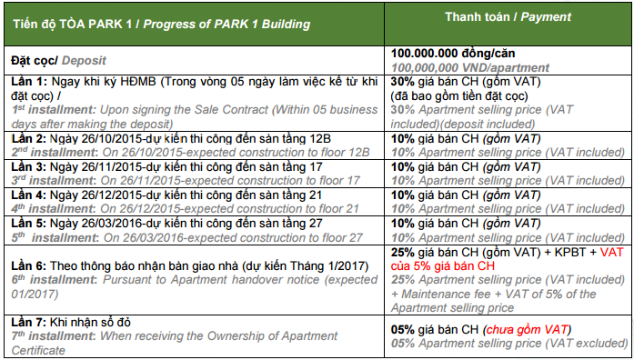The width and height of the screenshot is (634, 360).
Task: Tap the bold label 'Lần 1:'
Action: pyautogui.click(x=29, y=82)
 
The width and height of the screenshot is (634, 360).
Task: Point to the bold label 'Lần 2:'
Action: pyautogui.click(x=29, y=138)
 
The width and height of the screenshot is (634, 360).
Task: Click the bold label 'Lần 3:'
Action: pyautogui.click(x=29, y=166)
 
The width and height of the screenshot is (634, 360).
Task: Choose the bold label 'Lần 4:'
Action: pyautogui.click(x=29, y=195)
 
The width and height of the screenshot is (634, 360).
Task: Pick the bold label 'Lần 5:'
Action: pyautogui.click(x=29, y=223)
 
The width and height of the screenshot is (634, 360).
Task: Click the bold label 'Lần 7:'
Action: pyautogui.click(x=29, y=323)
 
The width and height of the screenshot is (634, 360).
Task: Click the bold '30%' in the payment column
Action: pyautogui.click(x=402, y=82)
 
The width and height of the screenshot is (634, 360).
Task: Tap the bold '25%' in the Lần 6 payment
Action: pyautogui.click(x=402, y=252)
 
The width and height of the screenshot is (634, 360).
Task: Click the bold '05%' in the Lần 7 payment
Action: pyautogui.click(x=402, y=329)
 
